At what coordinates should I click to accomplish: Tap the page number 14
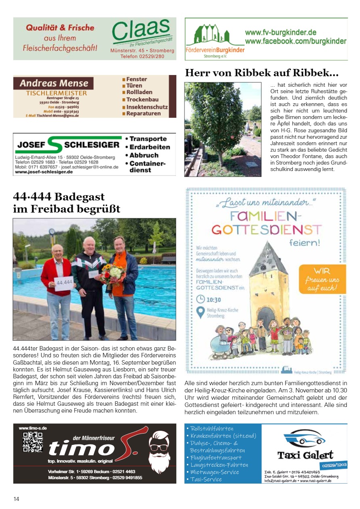point(16,499)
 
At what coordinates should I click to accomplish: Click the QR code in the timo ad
point(33,442)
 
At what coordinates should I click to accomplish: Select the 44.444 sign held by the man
point(64,284)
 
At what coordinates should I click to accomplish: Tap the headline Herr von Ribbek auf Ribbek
point(262,73)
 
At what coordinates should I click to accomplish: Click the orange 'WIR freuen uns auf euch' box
point(323,279)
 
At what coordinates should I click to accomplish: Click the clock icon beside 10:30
point(201,299)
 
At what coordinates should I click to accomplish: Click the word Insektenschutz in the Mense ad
point(147,107)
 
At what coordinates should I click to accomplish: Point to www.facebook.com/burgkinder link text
point(295,41)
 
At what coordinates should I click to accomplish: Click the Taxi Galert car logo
point(305,440)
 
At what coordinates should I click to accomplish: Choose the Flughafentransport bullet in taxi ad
point(217,457)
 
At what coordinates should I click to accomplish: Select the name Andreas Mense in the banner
point(54,83)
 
